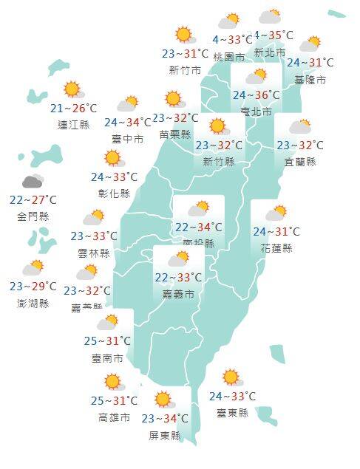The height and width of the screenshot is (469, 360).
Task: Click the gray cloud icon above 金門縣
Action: point(33,182)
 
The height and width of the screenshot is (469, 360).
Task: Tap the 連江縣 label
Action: point(73,125)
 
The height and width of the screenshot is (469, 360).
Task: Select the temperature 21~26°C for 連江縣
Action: point(73,109)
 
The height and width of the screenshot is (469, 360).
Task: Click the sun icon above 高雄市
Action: point(113,382)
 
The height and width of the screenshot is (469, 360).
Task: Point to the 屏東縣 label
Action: point(165,436)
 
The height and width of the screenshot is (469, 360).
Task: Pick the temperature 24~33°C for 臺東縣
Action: point(233,397)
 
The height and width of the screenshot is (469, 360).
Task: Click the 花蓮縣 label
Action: point(276,248)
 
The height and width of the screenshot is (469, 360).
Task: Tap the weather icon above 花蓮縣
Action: point(276,214)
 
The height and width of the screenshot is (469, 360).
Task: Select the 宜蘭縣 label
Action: point(300,162)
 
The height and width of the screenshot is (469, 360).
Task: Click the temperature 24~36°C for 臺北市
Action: point(257,95)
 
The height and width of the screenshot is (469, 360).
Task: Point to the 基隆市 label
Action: point(310,80)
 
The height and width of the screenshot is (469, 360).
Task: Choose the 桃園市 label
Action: point(228,56)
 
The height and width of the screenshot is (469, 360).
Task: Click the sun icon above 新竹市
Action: point(183,35)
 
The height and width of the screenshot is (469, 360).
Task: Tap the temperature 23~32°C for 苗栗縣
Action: point(175,118)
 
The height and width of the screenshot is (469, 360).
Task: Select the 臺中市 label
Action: point(128,138)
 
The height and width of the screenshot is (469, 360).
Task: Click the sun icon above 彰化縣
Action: point(113,158)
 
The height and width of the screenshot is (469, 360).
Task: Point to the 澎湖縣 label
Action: point(33,304)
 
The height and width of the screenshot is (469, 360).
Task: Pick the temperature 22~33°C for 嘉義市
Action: point(178,278)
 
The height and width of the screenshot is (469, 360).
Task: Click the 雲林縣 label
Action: point(94,253)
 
